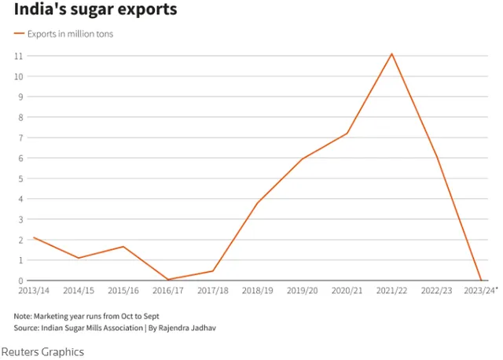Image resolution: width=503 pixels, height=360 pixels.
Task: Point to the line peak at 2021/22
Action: (391, 53)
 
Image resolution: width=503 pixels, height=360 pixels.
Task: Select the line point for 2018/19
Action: (257, 203)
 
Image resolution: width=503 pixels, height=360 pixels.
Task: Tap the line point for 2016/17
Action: (167, 279)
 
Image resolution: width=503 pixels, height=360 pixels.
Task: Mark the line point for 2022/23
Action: (436, 156)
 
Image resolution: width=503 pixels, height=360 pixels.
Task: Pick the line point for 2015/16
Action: (123, 247)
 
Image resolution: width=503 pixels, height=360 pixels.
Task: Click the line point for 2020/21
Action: (347, 134)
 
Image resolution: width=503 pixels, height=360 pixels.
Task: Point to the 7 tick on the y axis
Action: (20, 138)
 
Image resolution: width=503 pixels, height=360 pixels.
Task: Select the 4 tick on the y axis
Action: (20, 199)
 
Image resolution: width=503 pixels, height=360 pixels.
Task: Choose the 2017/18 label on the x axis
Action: (212, 291)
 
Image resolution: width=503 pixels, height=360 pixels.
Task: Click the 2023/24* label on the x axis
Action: (482, 291)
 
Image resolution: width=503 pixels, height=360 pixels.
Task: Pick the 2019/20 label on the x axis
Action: (302, 291)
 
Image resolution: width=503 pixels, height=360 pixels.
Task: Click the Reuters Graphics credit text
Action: (42, 351)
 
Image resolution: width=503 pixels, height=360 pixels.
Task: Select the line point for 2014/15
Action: (78, 258)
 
